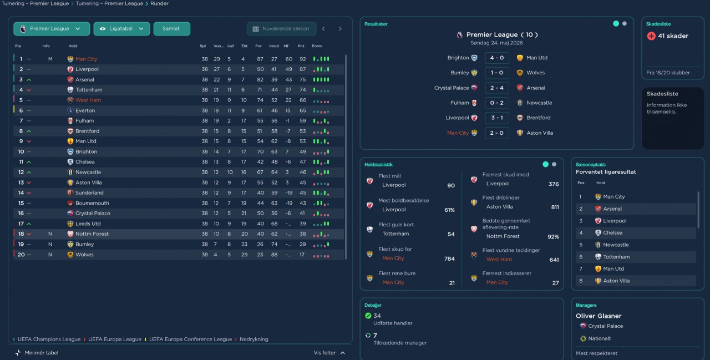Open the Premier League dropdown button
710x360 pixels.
click(51, 29)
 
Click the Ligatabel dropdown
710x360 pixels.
click(121, 29)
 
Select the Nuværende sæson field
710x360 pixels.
click(281, 29)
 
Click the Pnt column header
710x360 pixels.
click(301, 46)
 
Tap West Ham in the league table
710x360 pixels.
click(88, 100)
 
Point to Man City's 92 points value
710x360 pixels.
click(302, 59)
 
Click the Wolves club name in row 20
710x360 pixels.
click(84, 255)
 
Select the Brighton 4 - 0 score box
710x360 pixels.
click(496, 58)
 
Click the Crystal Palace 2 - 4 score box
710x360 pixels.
click(496, 88)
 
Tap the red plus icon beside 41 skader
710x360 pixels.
click(651, 36)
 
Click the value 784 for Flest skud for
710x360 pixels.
click(449, 258)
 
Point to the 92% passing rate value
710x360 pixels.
click(552, 237)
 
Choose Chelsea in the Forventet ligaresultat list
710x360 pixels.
click(612, 233)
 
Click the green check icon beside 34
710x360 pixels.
click(368, 316)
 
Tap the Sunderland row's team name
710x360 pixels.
click(89, 193)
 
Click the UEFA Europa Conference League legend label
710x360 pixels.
click(190, 339)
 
